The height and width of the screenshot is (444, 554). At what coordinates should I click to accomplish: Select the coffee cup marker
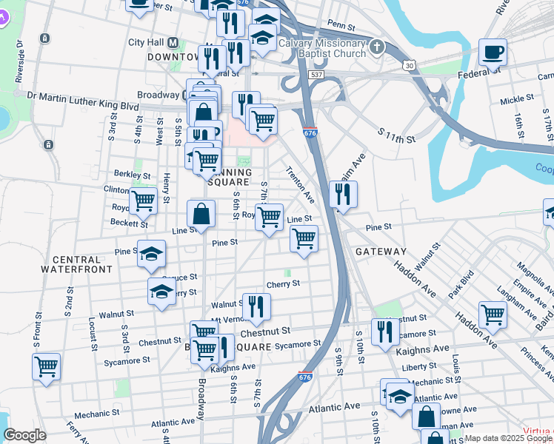[x=493, y=53]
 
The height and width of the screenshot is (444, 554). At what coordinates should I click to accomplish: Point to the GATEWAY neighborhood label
[x=381, y=252]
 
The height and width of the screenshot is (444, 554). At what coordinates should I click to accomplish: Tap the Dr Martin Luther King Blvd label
[x=82, y=95]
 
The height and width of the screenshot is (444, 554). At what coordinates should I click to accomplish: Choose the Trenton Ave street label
[x=301, y=184]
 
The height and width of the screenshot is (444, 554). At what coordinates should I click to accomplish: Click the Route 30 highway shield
[x=409, y=66]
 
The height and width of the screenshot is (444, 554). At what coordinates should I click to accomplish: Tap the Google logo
[x=24, y=435]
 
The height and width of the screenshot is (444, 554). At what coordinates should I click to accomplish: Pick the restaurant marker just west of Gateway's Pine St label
[x=343, y=195]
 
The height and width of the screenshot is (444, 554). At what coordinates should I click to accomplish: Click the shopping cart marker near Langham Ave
[x=493, y=314]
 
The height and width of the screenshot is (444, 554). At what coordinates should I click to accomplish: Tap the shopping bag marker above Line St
[x=201, y=215]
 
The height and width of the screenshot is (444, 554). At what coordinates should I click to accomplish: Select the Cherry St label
[x=282, y=283]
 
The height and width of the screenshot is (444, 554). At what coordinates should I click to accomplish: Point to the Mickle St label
[x=517, y=98]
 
